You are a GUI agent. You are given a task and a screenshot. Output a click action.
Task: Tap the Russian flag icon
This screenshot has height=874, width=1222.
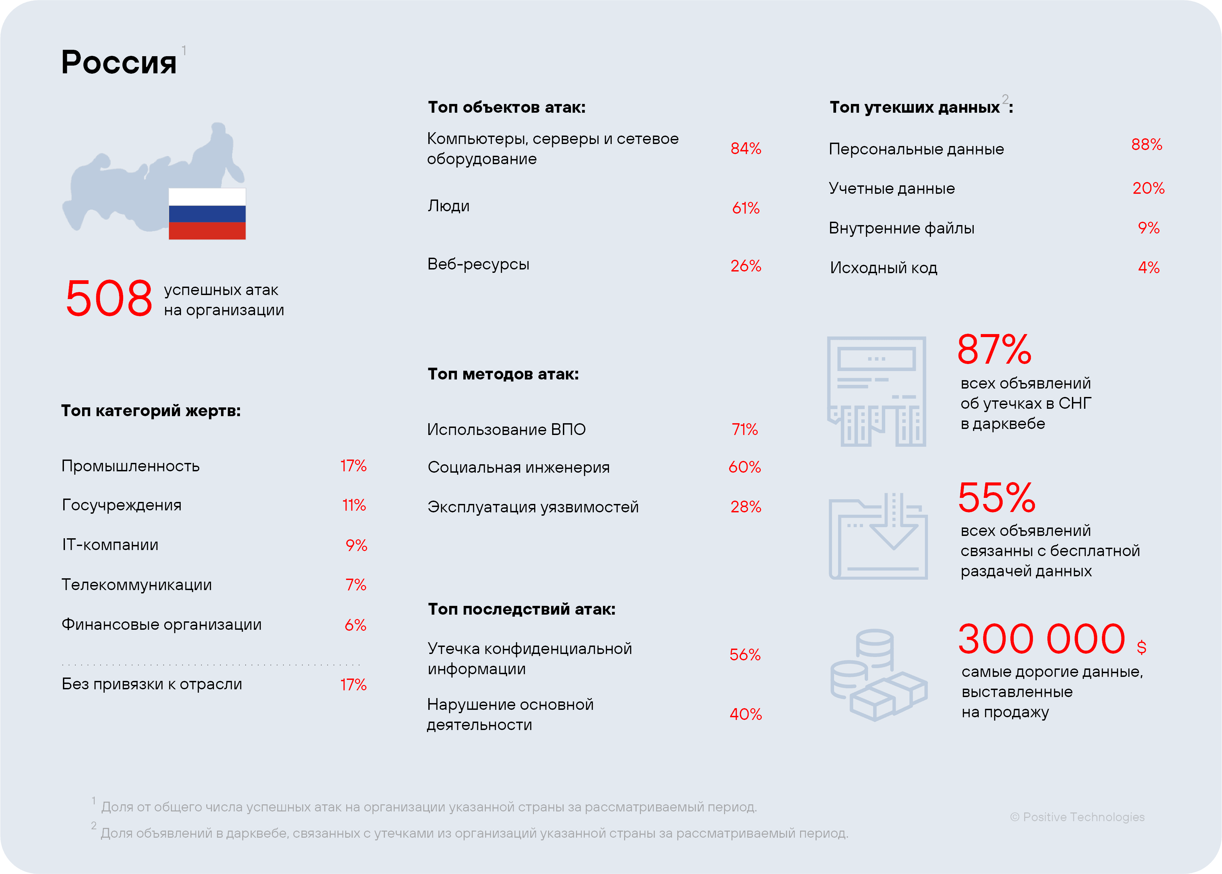click(x=207, y=214)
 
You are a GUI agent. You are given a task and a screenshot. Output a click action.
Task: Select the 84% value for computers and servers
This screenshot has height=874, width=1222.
click(x=745, y=149)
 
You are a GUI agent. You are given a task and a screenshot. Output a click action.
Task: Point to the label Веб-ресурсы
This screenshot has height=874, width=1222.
click(x=478, y=264)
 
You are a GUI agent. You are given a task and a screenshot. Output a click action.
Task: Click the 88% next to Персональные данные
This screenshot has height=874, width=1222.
click(x=1146, y=145)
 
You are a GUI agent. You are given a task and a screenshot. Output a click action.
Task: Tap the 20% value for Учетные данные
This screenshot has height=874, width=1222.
click(x=1148, y=188)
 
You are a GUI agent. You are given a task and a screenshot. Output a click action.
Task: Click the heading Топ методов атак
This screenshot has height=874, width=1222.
click(x=503, y=374)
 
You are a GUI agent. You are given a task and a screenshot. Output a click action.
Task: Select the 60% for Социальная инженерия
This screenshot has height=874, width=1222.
click(x=744, y=467)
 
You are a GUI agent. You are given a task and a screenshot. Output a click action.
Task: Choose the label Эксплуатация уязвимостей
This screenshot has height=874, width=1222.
click(x=533, y=507)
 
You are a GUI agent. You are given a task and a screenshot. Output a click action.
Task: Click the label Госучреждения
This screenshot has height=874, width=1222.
click(x=121, y=505)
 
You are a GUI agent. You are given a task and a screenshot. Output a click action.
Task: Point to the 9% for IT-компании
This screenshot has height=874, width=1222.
click(x=356, y=546)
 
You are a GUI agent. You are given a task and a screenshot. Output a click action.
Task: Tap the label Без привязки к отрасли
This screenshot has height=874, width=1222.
click(x=152, y=684)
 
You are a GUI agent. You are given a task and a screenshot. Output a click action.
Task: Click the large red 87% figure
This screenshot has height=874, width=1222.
click(x=994, y=350)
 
